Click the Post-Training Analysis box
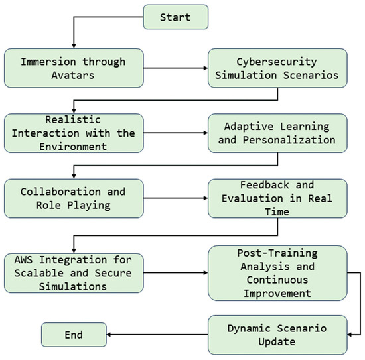(x=277, y=272)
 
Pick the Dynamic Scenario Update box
(x=277, y=334)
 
